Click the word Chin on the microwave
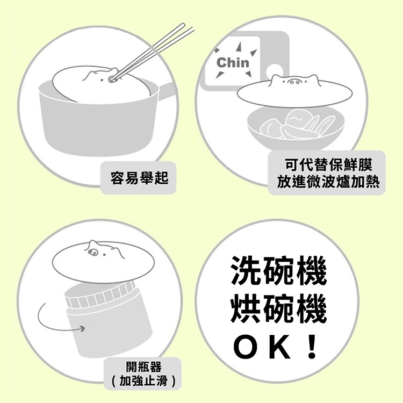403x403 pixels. [x=233, y=62]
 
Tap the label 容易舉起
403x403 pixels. [x=139, y=177]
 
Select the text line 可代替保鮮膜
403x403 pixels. [x=328, y=165]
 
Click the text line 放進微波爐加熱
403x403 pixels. [x=328, y=182]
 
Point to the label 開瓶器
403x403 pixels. [x=143, y=366]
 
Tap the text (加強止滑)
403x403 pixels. [x=143, y=380]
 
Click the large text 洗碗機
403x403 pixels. [x=278, y=270]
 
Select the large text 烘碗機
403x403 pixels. [x=278, y=308]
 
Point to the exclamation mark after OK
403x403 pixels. [x=312, y=347]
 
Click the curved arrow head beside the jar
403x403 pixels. [x=82, y=328]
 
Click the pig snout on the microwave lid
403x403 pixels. [x=294, y=82]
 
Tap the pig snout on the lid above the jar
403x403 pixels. [x=92, y=253]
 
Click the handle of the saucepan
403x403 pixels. [x=165, y=90]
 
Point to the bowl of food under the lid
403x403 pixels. [x=296, y=128]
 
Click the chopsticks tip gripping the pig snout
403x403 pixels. [x=112, y=80]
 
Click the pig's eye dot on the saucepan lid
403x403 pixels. [x=102, y=80]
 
